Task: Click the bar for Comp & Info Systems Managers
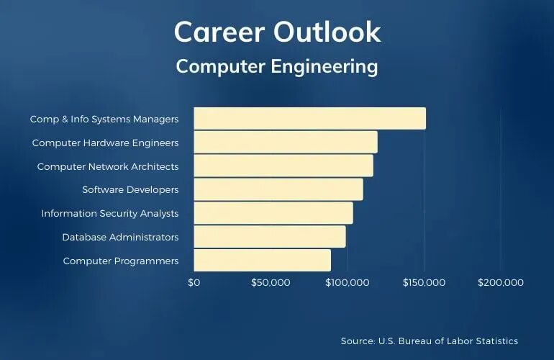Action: point(309,118)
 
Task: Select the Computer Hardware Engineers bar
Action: point(286,142)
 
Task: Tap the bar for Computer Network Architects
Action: point(283,166)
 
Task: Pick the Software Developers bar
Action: point(278,189)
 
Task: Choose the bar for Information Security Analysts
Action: point(273,213)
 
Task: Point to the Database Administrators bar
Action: point(270,236)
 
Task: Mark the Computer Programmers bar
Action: point(263,260)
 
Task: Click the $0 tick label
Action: point(194,282)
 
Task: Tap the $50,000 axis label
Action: point(271,282)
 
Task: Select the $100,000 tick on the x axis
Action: point(347,282)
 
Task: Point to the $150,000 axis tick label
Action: point(424,282)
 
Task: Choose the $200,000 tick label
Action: point(500,282)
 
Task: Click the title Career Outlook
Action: point(277,32)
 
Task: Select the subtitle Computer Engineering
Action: point(277,66)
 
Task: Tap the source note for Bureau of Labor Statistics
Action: point(429,341)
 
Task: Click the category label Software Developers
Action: point(130,190)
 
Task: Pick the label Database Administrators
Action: point(120,237)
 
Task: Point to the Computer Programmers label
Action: point(120,261)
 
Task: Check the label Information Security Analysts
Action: point(110,213)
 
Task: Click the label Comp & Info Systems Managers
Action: point(104,119)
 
